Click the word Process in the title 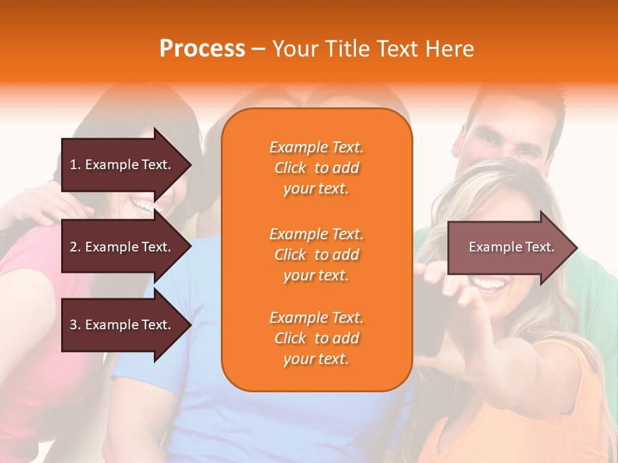click(x=202, y=49)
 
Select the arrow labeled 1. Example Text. click(x=122, y=165)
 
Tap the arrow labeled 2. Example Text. click(x=122, y=247)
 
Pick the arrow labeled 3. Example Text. click(x=122, y=325)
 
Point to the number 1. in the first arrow click(x=75, y=165)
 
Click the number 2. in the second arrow click(x=75, y=247)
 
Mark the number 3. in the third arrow click(x=75, y=325)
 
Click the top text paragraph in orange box click(x=316, y=168)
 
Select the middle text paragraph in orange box click(x=316, y=255)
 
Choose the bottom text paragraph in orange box click(x=316, y=338)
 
